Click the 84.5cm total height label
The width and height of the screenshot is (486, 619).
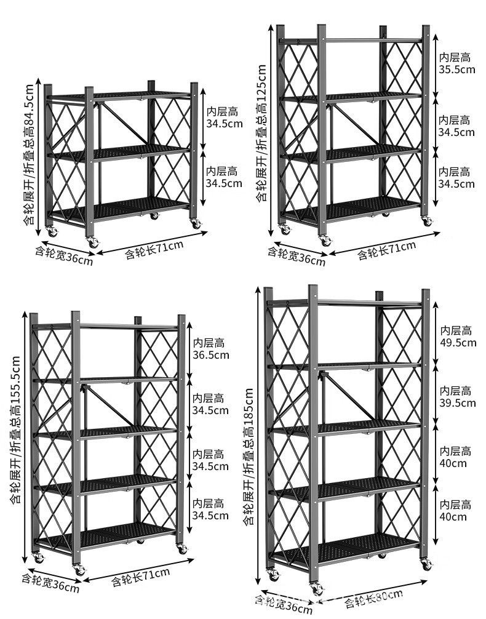click(29, 154)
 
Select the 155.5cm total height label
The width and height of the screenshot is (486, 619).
click(15, 431)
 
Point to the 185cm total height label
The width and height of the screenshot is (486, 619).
click(248, 455)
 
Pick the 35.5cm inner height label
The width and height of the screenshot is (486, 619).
click(456, 63)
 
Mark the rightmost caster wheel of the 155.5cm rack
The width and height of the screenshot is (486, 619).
click(182, 549)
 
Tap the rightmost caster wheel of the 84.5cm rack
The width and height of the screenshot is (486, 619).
click(196, 224)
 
